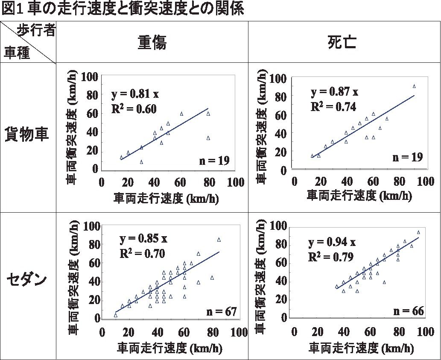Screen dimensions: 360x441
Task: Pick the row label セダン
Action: pyautogui.click(x=27, y=280)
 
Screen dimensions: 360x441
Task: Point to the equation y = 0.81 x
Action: pyautogui.click(x=135, y=94)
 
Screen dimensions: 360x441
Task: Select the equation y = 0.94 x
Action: pyautogui.click(x=332, y=243)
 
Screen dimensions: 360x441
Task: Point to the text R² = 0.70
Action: pyautogui.click(x=142, y=253)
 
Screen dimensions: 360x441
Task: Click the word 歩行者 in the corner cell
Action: pyautogui.click(x=36, y=31)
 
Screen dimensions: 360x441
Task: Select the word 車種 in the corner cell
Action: pyautogui.click(x=17, y=53)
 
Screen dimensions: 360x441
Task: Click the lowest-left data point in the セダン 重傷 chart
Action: pyautogui.click(x=116, y=315)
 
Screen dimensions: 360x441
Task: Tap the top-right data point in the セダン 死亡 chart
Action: pyautogui.click(x=418, y=232)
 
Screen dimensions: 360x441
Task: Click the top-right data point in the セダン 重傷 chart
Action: pyautogui.click(x=219, y=240)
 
